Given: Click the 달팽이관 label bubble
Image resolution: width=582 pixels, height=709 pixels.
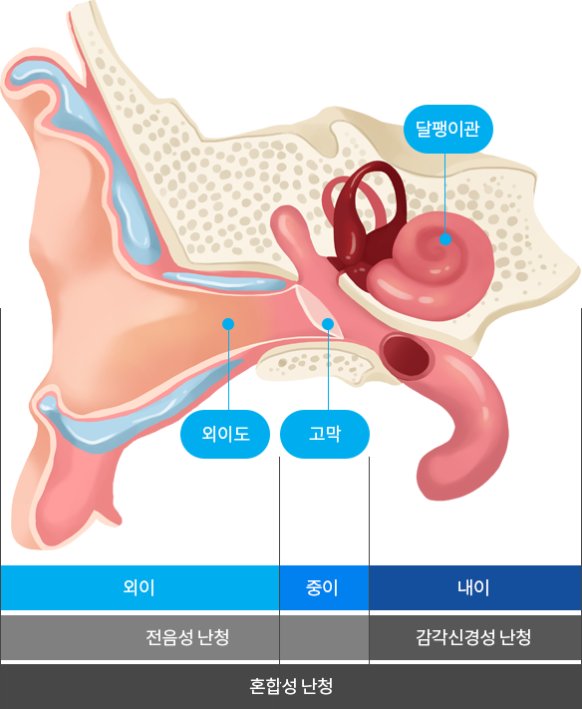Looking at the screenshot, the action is tap(447, 129).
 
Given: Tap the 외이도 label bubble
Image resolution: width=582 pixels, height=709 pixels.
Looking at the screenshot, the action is tap(225, 434).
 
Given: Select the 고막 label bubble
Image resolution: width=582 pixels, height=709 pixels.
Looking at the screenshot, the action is tap(325, 434).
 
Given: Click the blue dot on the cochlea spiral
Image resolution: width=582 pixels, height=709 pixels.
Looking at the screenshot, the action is tap(445, 238).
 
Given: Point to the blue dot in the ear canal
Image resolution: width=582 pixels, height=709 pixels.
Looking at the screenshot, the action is tap(228, 324).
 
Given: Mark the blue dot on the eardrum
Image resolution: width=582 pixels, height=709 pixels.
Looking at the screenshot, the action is tap(328, 324).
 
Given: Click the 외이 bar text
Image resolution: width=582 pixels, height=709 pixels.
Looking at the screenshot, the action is tap(140, 587).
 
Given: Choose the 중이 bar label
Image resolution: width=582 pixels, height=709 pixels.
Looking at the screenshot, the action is tap(322, 587).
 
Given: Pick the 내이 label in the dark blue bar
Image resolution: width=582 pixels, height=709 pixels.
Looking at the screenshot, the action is tap(473, 587).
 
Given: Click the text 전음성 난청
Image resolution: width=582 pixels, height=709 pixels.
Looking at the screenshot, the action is tap(187, 637).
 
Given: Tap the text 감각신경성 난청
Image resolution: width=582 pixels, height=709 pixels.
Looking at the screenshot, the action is tap(473, 637).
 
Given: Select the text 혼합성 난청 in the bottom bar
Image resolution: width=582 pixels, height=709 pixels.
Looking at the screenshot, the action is tap(291, 686).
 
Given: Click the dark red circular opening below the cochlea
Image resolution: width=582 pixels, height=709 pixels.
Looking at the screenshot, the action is tap(406, 355).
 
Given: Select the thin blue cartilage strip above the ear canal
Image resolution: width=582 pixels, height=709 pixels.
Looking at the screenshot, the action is tap(224, 281).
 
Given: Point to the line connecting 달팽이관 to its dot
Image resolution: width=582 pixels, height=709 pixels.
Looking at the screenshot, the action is tap(445, 193).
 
